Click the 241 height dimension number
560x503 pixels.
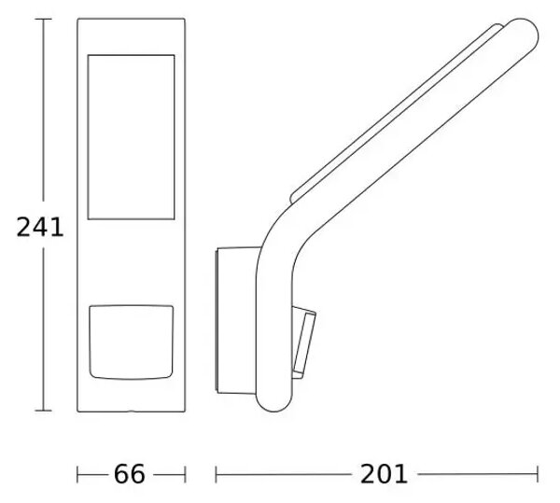(40, 227)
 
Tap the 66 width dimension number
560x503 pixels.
(130, 474)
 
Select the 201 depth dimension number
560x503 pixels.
(384, 474)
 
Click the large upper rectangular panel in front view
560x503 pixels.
(131, 137)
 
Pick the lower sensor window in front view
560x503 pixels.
(131, 342)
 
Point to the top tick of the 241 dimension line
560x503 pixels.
(44, 19)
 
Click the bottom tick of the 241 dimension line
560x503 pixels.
(44, 411)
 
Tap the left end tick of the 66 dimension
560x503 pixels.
(77, 474)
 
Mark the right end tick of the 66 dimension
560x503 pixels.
(185, 474)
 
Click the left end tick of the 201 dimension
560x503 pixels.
(217, 474)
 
